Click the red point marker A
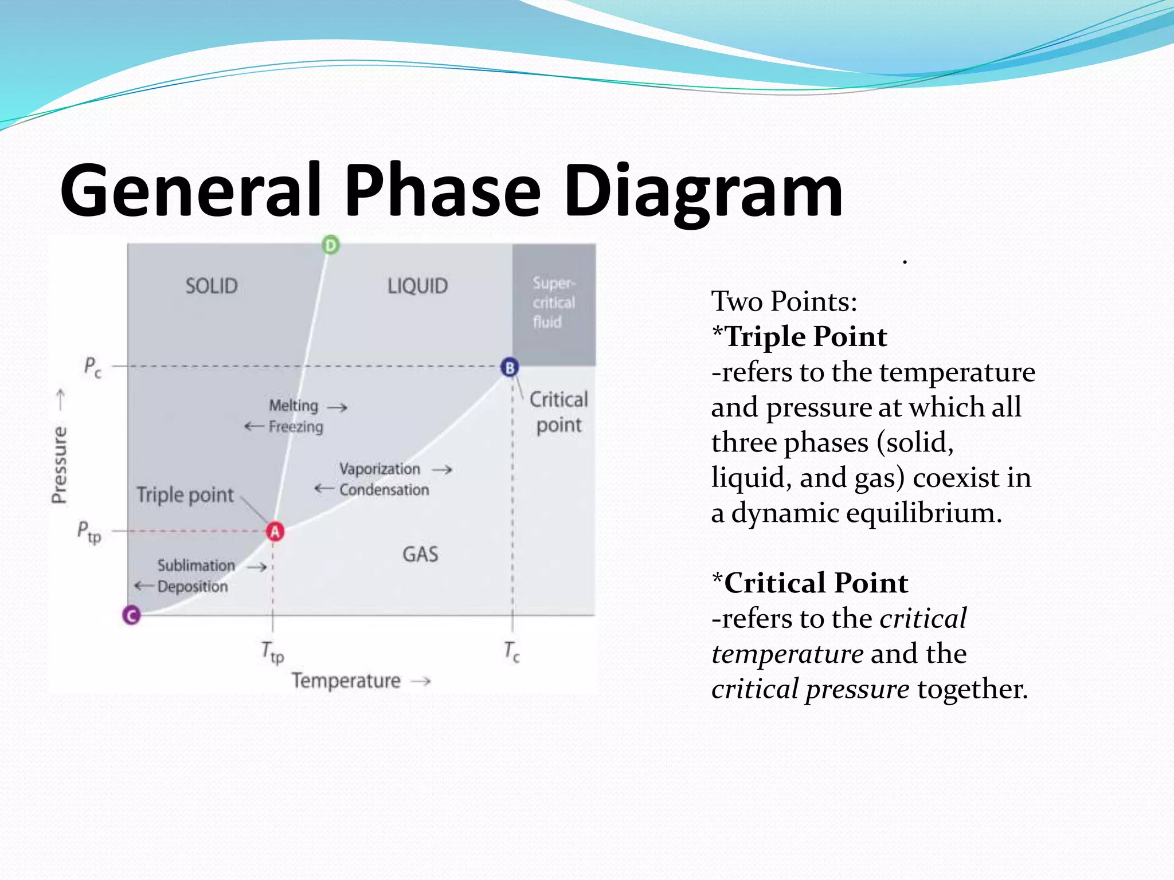pyautogui.click(x=275, y=532)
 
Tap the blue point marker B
pyautogui.click(x=510, y=367)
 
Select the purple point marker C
pyautogui.click(x=132, y=615)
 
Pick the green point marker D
pyautogui.click(x=330, y=245)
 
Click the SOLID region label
pyautogui.click(x=211, y=286)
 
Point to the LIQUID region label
pyautogui.click(x=417, y=286)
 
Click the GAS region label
pyautogui.click(x=420, y=554)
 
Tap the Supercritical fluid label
pyautogui.click(x=553, y=302)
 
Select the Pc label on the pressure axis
pyautogui.click(x=92, y=367)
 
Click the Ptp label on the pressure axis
pyautogui.click(x=89, y=532)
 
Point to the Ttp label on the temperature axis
pyautogui.click(x=273, y=652)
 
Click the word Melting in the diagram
pyautogui.click(x=293, y=406)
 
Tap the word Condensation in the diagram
pyautogui.click(x=384, y=490)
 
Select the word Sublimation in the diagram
pyautogui.click(x=196, y=565)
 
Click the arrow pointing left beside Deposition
pyautogui.click(x=144, y=586)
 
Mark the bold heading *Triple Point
pyautogui.click(x=799, y=336)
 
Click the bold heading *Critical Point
pyautogui.click(x=809, y=583)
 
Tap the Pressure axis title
pyautogui.click(x=60, y=465)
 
